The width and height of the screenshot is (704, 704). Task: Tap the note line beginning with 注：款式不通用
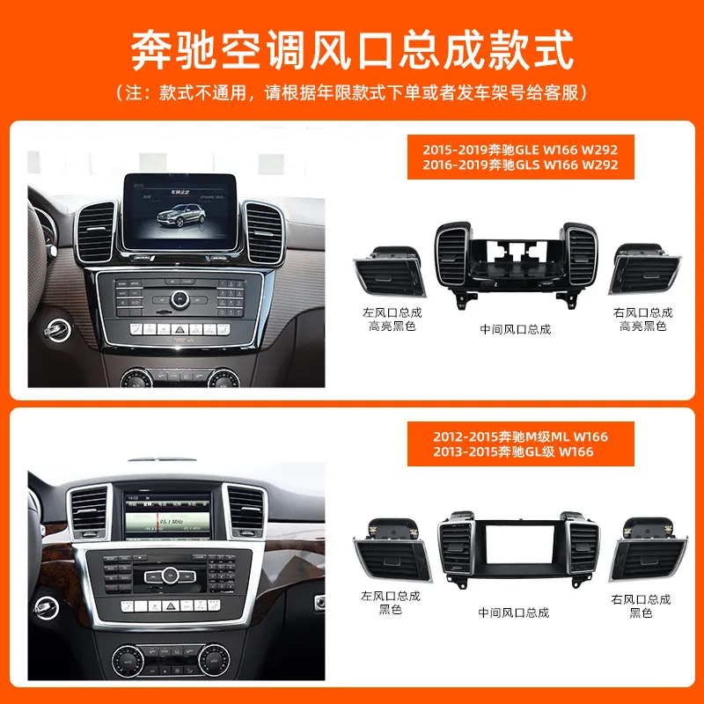(x=352, y=92)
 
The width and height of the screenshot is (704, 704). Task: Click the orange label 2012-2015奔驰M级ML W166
(x=520, y=436)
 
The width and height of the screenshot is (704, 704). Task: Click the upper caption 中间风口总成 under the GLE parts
(x=516, y=329)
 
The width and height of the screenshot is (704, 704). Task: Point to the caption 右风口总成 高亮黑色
(x=643, y=319)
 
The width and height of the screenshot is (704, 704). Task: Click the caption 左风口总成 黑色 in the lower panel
(x=390, y=603)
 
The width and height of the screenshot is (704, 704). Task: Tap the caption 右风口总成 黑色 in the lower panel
(x=641, y=605)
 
